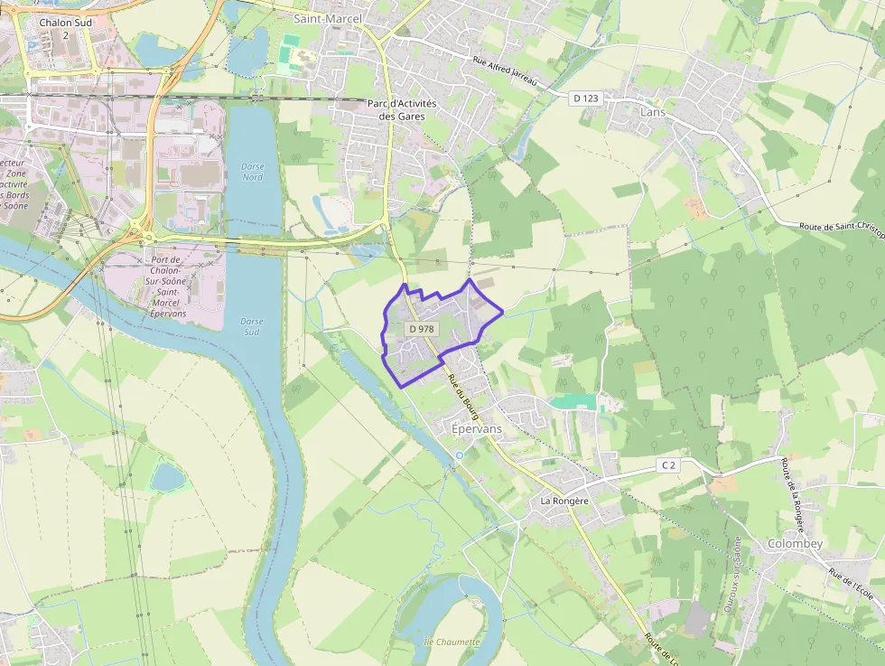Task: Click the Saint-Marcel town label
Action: (329, 18)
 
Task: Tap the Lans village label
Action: (650, 112)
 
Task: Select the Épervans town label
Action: (476, 429)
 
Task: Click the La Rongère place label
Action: (564, 500)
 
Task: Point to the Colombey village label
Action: (795, 543)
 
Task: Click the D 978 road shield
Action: (421, 329)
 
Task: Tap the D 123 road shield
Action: (585, 98)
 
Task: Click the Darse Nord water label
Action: (253, 172)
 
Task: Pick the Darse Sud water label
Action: (253, 326)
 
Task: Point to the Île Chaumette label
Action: (452, 641)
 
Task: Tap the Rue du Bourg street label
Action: (461, 394)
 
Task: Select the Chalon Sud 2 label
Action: (65, 28)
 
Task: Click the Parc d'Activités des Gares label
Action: (402, 109)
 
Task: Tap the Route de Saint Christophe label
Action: (841, 227)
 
